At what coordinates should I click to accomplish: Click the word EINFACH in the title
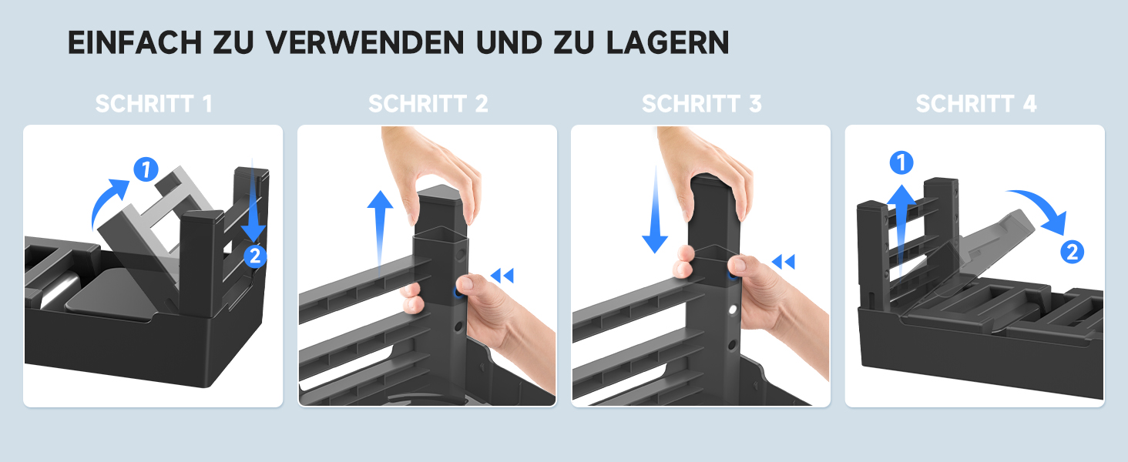pos(135,42)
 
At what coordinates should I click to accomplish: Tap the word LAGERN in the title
pos(668,42)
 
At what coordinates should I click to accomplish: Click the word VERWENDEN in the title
pos(364,42)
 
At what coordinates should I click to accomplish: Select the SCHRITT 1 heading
pos(153,104)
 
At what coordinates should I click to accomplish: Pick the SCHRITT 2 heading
pos(428,104)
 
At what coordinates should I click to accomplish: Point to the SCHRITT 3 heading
pos(701,104)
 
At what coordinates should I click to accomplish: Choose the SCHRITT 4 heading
pos(976,104)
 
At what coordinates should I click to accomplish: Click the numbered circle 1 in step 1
pos(146,169)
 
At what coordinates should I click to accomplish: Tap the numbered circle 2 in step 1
pos(255,256)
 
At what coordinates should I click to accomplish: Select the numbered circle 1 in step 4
pos(901,162)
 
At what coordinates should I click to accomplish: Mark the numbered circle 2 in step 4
pos(1072,252)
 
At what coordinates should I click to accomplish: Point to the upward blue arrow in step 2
pos(380,232)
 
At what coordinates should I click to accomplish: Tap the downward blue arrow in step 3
pos(655,212)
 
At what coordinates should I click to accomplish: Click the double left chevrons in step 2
pos(502,276)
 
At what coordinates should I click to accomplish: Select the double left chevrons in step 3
pos(783,262)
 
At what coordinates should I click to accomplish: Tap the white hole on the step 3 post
pos(733,310)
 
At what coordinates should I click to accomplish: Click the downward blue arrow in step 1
pos(253,201)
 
